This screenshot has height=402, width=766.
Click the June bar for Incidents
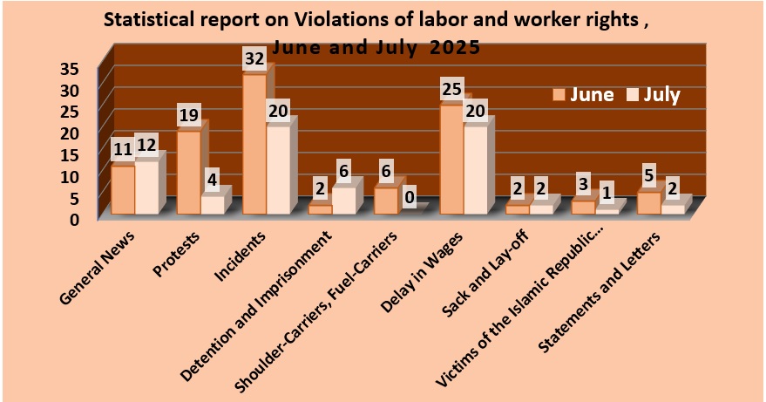coord(254,144)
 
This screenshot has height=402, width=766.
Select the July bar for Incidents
coord(278,170)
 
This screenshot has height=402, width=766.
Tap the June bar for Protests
coord(189,172)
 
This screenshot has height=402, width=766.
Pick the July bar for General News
coord(146,187)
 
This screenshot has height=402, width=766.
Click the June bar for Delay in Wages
coord(451,159)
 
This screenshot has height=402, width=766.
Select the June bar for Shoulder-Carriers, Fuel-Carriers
coord(386,201)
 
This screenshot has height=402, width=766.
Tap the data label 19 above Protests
coord(189,115)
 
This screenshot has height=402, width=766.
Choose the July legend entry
coord(654,95)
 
